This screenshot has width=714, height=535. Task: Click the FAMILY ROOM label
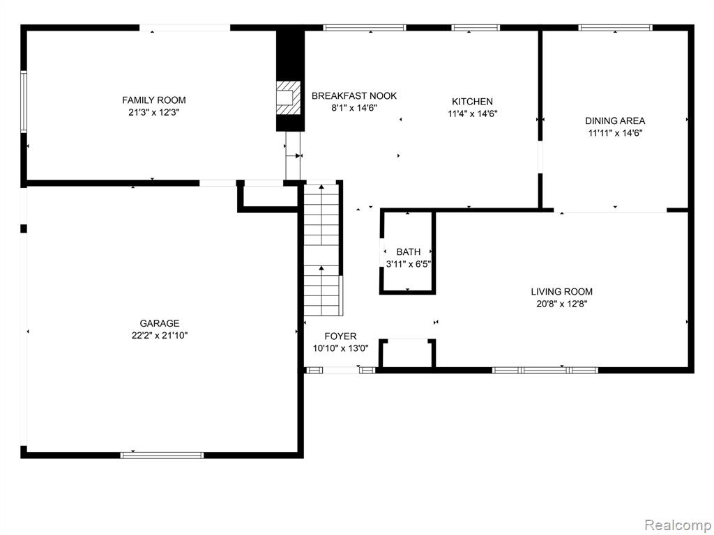(154, 100)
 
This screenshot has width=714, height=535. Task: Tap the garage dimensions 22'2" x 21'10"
(160, 336)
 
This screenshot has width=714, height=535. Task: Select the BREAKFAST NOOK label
(354, 96)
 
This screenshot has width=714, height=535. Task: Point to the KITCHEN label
(472, 102)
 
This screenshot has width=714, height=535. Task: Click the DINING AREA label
(615, 121)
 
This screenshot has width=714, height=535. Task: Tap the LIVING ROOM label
(562, 292)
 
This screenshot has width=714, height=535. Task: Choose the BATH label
(409, 251)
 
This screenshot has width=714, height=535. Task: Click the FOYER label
(340, 336)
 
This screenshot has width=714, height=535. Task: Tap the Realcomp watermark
(678, 525)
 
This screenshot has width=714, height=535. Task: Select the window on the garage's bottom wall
(162, 455)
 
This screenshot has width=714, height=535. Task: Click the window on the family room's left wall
(24, 101)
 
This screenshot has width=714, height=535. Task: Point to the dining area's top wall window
(615, 28)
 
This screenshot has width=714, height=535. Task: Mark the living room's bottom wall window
(545, 371)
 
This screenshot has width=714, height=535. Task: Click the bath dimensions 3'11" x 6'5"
(409, 264)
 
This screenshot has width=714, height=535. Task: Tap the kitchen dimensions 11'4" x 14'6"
(472, 114)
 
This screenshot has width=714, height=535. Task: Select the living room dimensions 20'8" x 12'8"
(562, 304)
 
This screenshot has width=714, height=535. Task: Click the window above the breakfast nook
(364, 28)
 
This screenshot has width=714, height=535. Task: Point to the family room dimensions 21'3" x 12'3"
(154, 112)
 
